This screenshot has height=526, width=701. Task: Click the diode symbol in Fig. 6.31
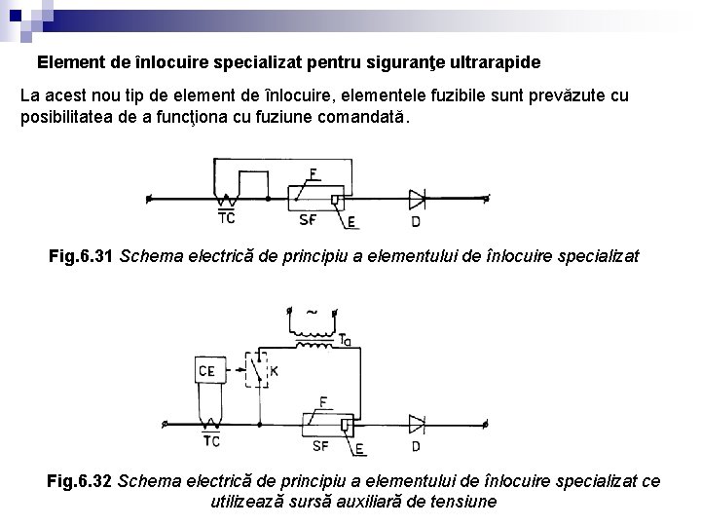click(417, 199)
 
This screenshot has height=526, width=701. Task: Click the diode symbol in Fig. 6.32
click(417, 423)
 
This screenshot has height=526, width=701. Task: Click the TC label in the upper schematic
click(226, 218)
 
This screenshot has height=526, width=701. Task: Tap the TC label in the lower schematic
click(210, 442)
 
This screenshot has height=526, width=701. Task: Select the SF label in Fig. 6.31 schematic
click(308, 219)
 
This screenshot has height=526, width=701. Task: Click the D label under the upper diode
click(417, 222)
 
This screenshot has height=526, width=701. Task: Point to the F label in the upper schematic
click(312, 174)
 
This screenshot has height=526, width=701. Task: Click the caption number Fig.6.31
click(83, 257)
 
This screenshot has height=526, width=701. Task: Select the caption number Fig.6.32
click(81, 481)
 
